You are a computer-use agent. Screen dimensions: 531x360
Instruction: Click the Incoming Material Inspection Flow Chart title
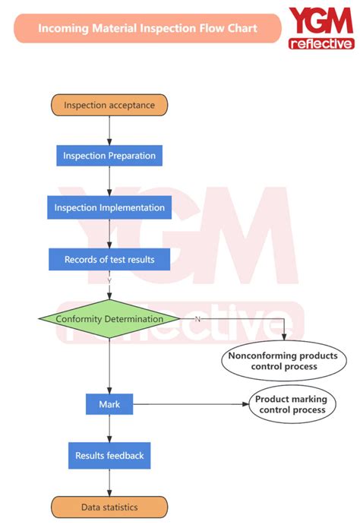(x=147, y=28)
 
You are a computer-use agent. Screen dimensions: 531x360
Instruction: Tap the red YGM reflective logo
(x=320, y=28)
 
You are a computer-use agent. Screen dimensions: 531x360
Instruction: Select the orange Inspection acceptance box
(x=109, y=105)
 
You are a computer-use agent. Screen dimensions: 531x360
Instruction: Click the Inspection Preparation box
(x=109, y=156)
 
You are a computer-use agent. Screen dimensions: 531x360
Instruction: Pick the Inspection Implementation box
(x=109, y=207)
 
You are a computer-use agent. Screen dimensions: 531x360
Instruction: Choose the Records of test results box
(x=109, y=259)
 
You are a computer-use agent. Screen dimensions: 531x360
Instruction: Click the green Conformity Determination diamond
(x=109, y=319)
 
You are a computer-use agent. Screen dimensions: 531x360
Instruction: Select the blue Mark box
(x=109, y=404)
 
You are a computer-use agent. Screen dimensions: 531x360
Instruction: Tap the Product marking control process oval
(x=292, y=404)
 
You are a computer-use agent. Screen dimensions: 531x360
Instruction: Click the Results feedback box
(x=109, y=456)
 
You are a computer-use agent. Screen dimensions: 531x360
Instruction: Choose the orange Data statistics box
(x=109, y=507)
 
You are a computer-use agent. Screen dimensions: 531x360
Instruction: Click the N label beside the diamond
(x=197, y=319)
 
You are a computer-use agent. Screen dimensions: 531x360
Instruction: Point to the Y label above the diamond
(x=109, y=280)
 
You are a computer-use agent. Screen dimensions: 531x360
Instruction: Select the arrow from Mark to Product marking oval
(x=190, y=404)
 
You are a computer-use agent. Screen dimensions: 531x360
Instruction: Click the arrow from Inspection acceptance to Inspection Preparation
(x=109, y=130)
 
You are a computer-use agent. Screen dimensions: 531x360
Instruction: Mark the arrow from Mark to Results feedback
(x=109, y=429)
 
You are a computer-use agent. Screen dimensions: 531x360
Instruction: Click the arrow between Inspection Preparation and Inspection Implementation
(x=109, y=182)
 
